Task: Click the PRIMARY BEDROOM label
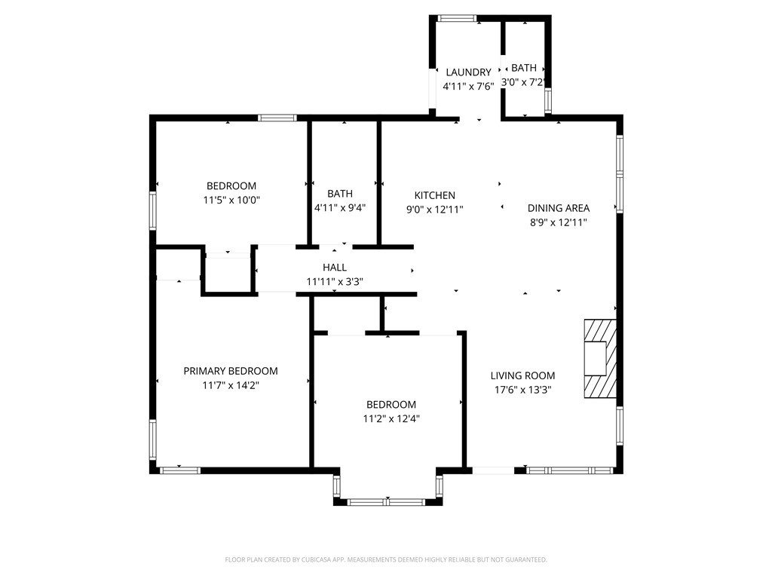(231, 371)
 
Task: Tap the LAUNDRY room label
(468, 72)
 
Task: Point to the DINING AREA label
(558, 208)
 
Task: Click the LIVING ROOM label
(522, 375)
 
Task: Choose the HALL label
(335, 267)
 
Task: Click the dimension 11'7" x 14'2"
(231, 384)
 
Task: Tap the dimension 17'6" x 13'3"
(522, 390)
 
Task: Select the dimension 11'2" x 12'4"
(391, 418)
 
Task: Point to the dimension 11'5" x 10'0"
(231, 200)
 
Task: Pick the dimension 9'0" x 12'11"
(434, 210)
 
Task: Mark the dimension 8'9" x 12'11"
(558, 222)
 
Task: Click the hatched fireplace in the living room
(600, 358)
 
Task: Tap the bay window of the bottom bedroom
(387, 500)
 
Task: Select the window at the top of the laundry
(457, 18)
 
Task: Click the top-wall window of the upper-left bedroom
(277, 118)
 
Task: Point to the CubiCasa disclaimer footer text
(386, 559)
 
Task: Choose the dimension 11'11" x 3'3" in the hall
(335, 281)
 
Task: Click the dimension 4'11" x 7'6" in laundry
(468, 86)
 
